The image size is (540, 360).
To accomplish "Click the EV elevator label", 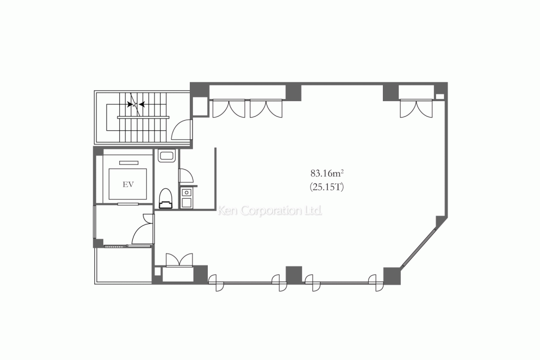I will pyautogui.click(x=127, y=184).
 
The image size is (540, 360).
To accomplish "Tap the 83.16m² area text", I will pyautogui.click(x=327, y=173).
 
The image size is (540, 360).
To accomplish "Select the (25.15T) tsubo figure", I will pyautogui.click(x=327, y=186).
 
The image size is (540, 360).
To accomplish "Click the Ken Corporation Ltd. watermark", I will pyautogui.click(x=271, y=211).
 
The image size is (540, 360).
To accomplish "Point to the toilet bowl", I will pyautogui.click(x=166, y=197).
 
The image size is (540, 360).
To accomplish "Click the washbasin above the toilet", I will pyautogui.click(x=166, y=157).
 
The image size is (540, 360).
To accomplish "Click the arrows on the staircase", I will pyautogui.click(x=136, y=104).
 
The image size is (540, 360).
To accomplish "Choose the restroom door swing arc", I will pyautogui.click(x=186, y=176).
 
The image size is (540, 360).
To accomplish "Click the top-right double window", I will pyautogui.click(x=416, y=108).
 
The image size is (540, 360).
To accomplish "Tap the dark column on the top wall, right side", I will pyautogui.click(x=391, y=92).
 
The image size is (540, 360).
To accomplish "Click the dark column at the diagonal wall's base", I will pyautogui.click(x=392, y=275).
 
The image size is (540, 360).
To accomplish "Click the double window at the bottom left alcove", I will pyautogui.click(x=179, y=261).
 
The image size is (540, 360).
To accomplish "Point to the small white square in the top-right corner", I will pyautogui.click(x=439, y=96).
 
